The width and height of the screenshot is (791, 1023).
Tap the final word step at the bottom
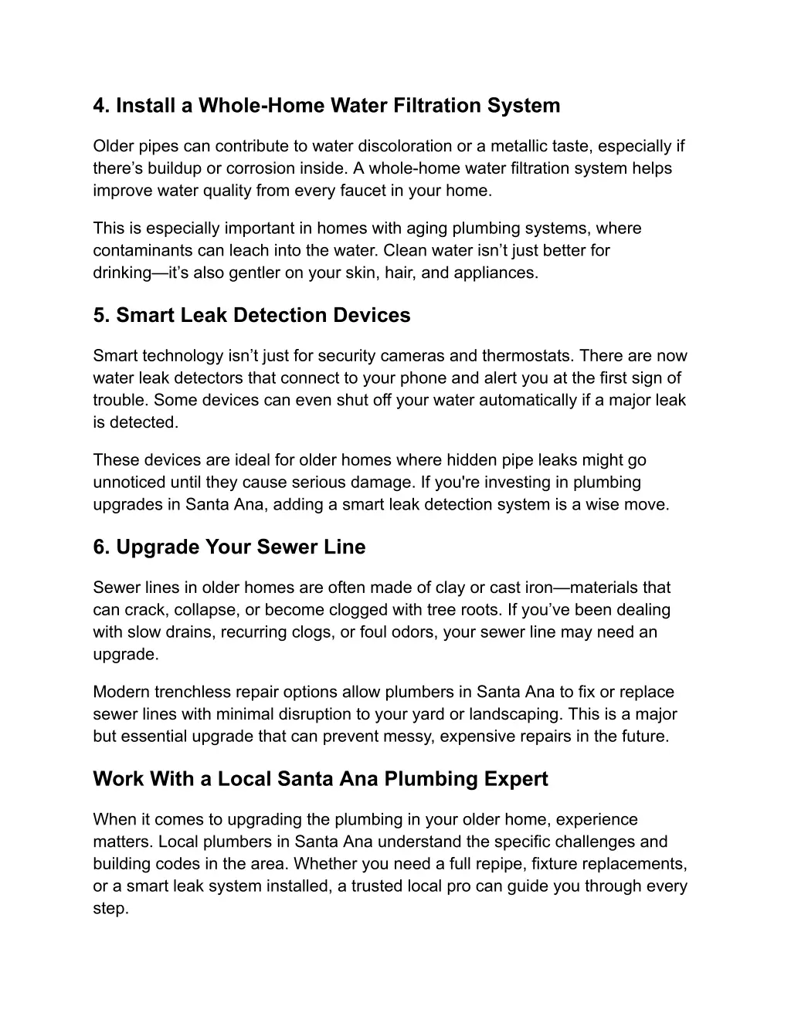(109, 908)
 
